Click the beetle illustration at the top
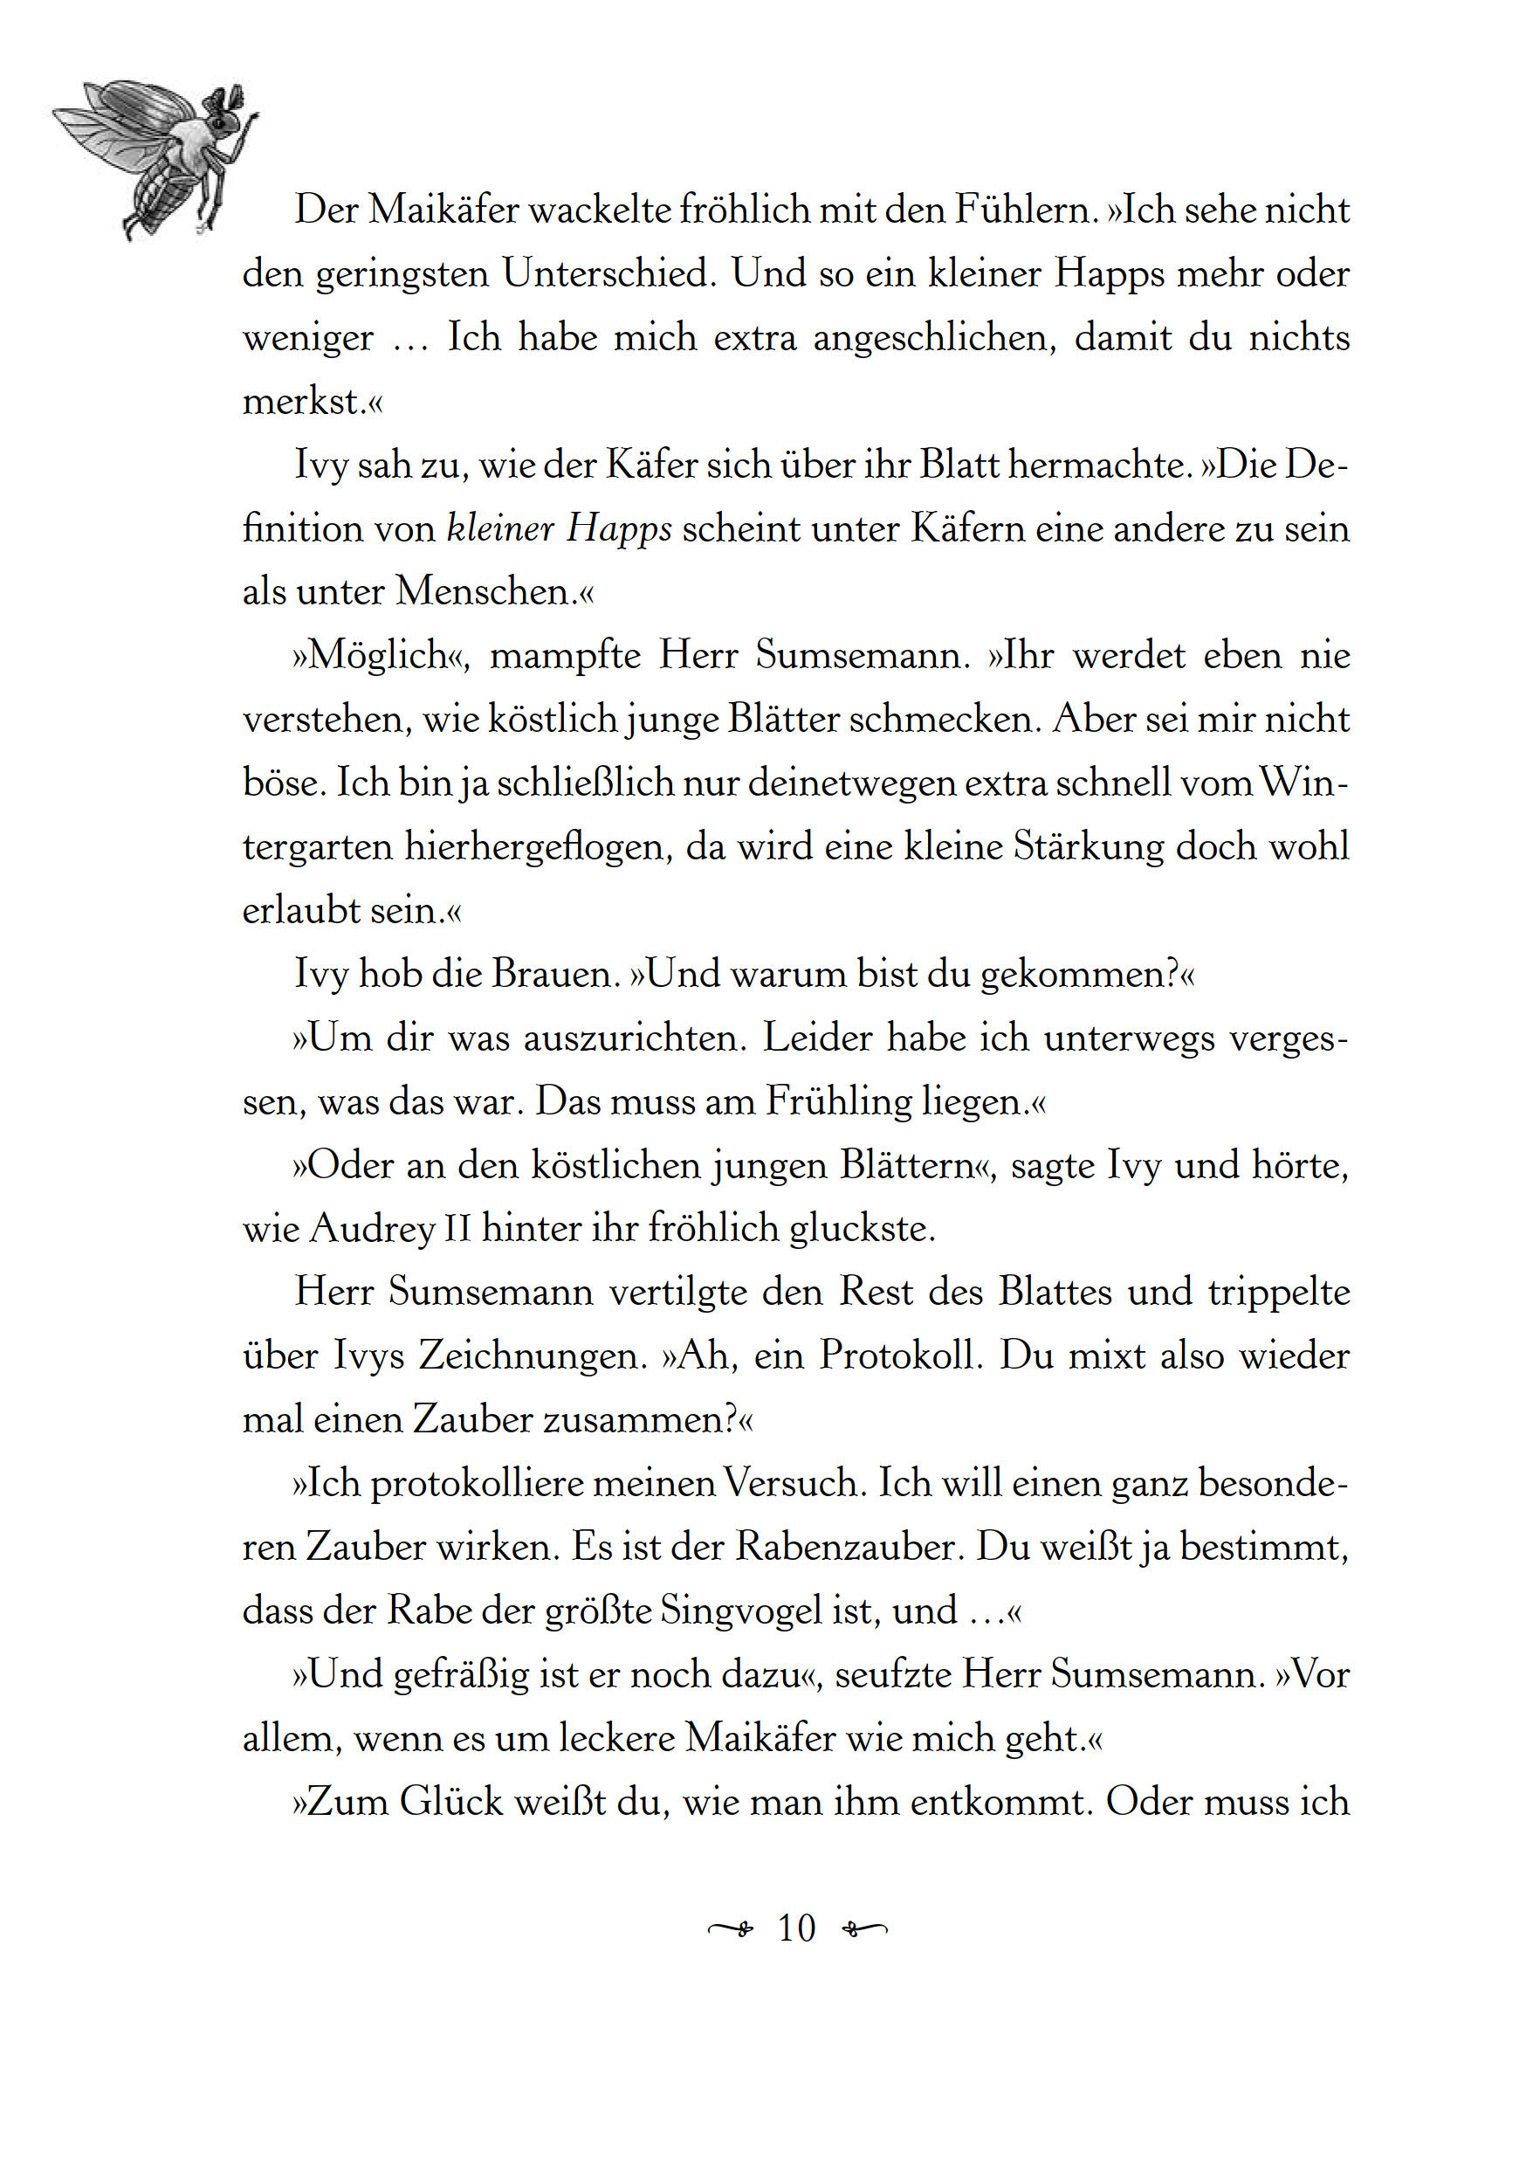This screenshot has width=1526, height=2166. (x=155, y=155)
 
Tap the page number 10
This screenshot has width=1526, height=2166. (x=796, y=1928)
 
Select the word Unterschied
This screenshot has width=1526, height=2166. (x=609, y=273)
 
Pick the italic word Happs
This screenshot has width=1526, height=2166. (x=619, y=529)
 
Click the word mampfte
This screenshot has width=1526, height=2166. (x=566, y=657)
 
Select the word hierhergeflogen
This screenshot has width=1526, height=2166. (x=540, y=847)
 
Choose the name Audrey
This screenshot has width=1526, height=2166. (x=373, y=1229)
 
